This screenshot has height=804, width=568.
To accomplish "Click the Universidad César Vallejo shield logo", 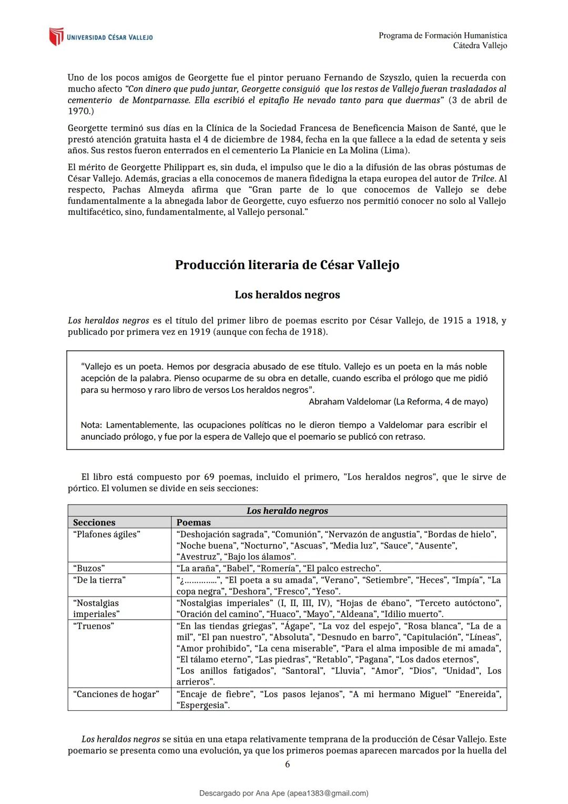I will click(56, 37).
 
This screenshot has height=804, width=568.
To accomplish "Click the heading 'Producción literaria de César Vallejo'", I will click(287, 265).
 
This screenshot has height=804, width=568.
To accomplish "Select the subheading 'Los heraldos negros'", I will click(287, 295).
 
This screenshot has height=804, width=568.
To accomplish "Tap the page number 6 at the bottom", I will click(287, 764).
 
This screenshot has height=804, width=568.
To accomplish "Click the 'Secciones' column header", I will click(94, 522).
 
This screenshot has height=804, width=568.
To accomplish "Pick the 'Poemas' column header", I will click(194, 522).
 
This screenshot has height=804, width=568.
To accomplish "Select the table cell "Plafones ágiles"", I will click(107, 534).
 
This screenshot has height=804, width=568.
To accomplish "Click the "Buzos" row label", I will click(89, 568).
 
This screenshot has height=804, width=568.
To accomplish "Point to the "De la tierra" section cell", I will click(99, 580).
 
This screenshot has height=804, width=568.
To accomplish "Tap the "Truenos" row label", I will click(94, 626).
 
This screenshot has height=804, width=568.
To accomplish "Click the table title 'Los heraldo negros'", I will click(287, 511).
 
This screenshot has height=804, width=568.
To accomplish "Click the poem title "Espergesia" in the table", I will click(203, 705).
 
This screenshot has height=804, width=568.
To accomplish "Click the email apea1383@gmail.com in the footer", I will click(328, 793).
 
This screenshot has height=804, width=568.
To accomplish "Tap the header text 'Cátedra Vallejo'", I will click(480, 46).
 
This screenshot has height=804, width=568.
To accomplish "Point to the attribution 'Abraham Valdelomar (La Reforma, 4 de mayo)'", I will click(398, 402).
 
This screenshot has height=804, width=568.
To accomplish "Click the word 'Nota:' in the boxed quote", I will click(92, 425).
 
